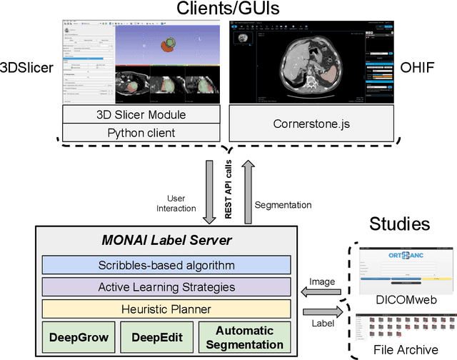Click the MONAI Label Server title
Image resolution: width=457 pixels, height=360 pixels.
click(x=166, y=239)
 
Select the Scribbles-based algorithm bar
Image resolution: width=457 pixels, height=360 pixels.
click(x=166, y=264)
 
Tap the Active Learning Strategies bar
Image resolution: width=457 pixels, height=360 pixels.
click(x=166, y=286)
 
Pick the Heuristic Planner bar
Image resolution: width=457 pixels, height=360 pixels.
click(x=166, y=309)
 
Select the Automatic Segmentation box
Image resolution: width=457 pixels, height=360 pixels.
click(x=244, y=337)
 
